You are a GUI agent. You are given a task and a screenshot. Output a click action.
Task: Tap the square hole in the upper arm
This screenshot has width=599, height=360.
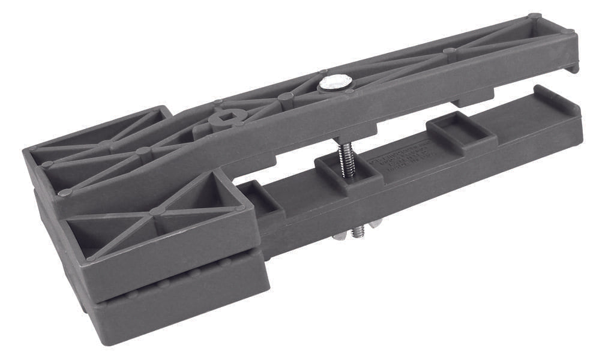click(x=220, y=118)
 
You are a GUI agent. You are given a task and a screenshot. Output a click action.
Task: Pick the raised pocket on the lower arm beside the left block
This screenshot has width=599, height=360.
click(x=259, y=197)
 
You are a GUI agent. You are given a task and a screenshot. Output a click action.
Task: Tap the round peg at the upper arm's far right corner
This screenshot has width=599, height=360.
click(x=534, y=17)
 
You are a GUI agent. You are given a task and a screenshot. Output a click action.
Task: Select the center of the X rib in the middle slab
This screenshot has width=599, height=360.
click(x=157, y=212)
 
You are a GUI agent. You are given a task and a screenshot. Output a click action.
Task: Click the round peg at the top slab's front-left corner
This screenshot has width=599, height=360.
click(x=64, y=193)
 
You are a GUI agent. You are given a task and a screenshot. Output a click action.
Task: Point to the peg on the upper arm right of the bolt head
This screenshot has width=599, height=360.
click(x=448, y=52)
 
